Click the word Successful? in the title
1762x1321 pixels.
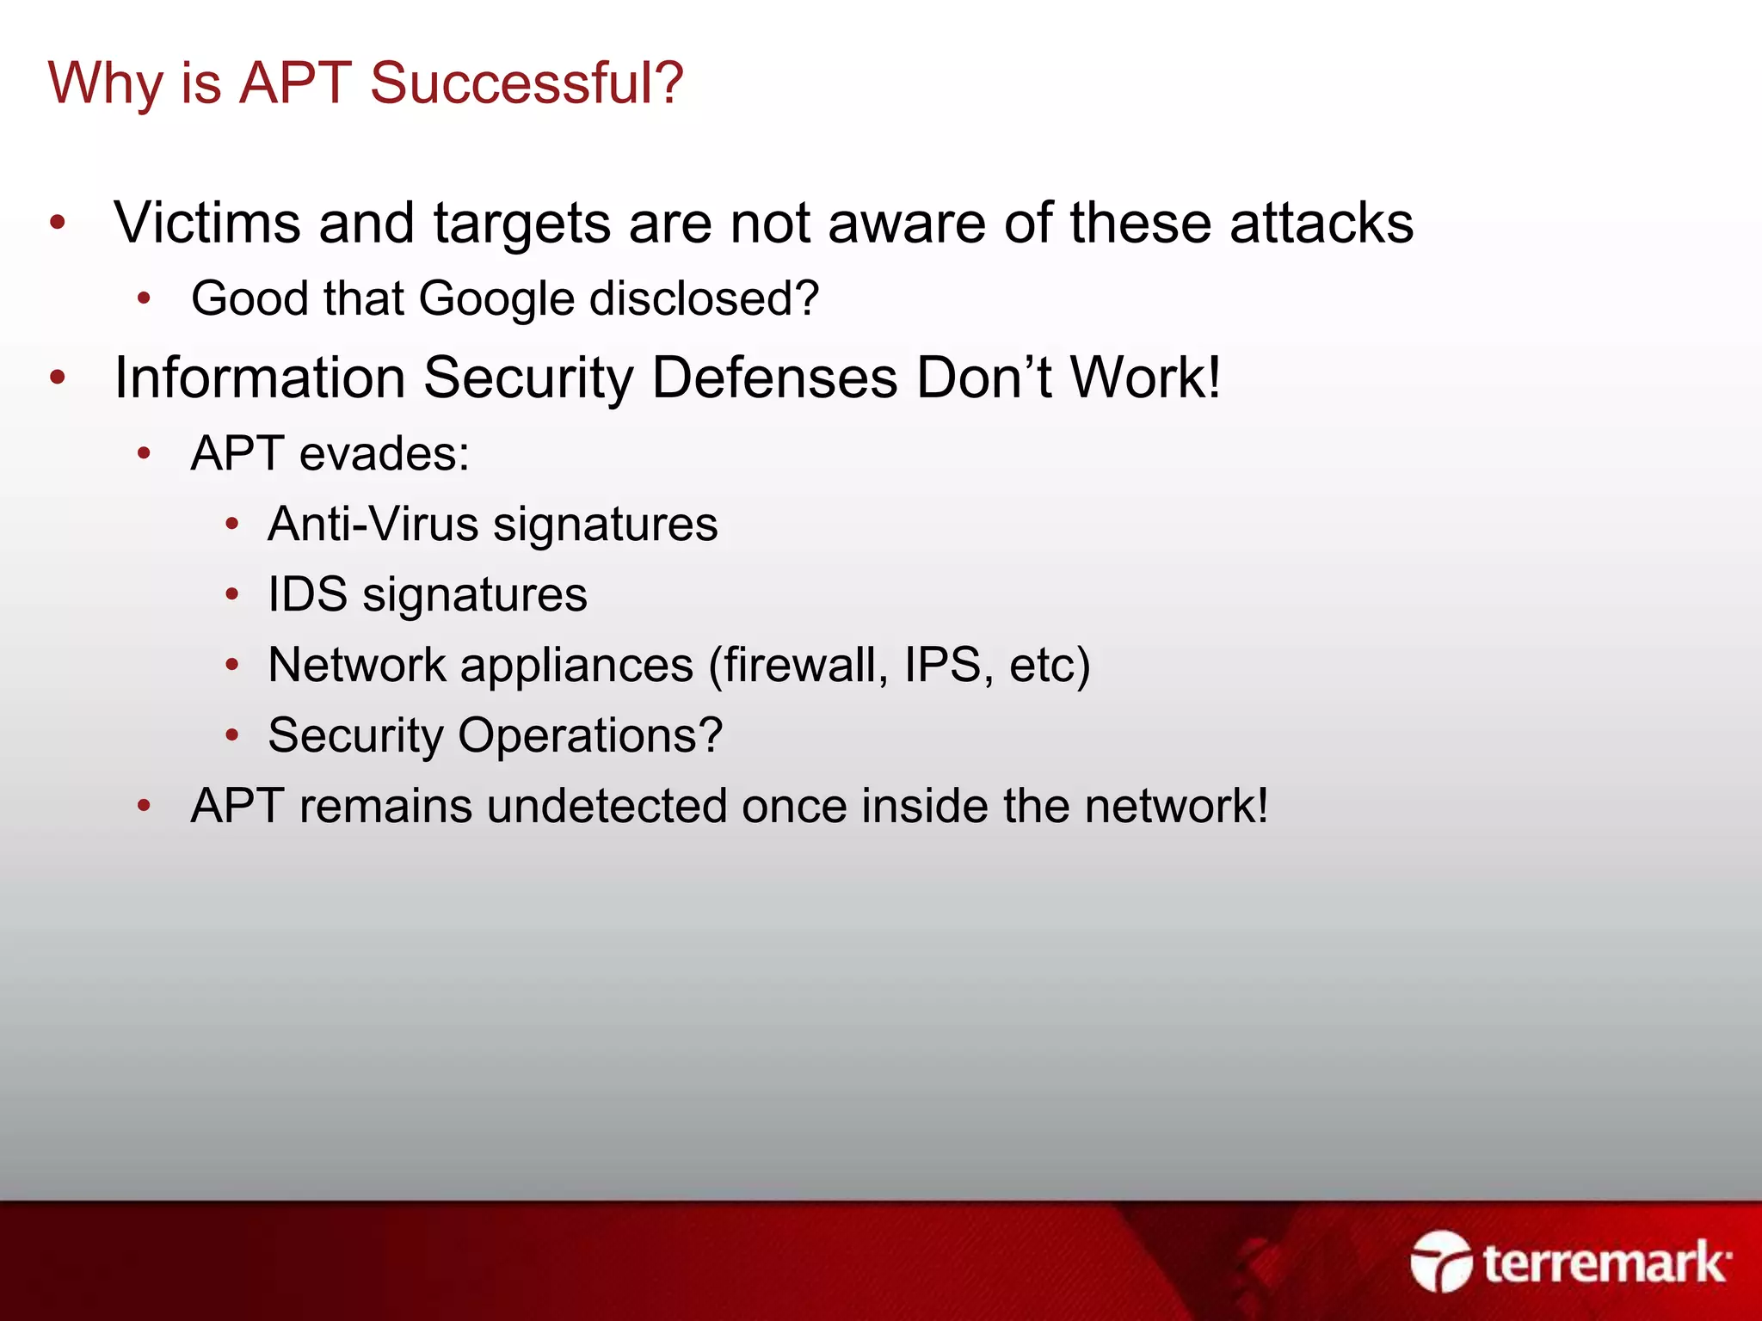pos(527,84)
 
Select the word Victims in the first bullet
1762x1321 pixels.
pos(206,223)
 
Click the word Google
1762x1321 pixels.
pos(496,299)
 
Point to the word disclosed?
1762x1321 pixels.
pos(704,299)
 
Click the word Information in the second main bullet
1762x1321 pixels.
pos(260,378)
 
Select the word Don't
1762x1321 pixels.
pos(983,378)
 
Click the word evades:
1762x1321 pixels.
pos(384,453)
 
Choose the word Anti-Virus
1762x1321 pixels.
pos(373,524)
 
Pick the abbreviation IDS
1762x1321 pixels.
pos(307,594)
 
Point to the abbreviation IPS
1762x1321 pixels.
pos(942,665)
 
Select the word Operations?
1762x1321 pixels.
pos(590,735)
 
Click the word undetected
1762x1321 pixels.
pos(607,806)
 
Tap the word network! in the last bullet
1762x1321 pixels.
pos(1176,806)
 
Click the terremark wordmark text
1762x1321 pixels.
pos(1605,1263)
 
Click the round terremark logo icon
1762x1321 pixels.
pos(1441,1262)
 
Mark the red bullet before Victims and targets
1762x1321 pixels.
pos(58,223)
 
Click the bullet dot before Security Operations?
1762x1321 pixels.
pos(231,735)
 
